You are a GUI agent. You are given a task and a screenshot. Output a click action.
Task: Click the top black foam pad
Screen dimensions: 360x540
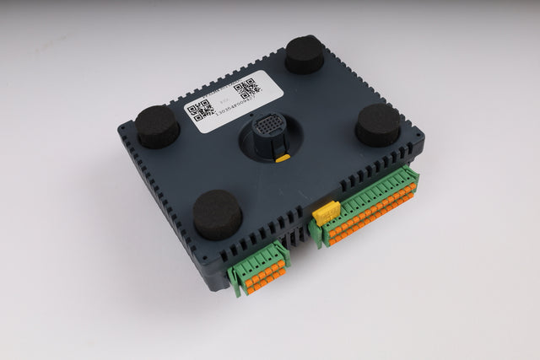305,55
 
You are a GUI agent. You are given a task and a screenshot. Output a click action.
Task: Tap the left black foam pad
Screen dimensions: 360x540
158,126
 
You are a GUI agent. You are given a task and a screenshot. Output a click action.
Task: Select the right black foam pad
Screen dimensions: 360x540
377,125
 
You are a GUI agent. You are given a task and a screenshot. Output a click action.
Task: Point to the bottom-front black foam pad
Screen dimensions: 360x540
217,213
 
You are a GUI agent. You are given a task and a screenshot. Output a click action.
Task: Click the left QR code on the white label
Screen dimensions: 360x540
199,110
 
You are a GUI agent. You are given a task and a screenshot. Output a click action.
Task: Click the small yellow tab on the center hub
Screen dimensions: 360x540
283,158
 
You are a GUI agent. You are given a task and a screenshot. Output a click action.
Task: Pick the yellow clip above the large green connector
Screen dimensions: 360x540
327,212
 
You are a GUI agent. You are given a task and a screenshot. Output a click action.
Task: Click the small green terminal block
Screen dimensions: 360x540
259,267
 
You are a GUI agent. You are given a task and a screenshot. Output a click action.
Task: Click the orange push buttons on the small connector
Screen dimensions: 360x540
263,277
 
